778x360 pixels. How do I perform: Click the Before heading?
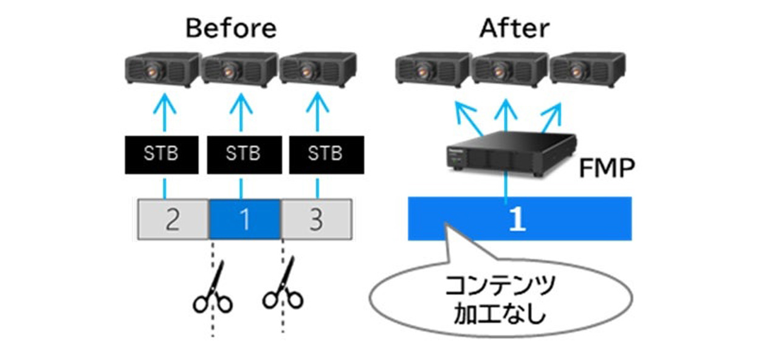click(x=232, y=29)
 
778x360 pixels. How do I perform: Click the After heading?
click(x=514, y=29)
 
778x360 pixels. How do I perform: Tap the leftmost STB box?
click(x=162, y=154)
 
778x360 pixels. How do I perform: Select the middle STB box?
click(x=244, y=154)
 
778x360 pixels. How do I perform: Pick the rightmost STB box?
click(x=326, y=154)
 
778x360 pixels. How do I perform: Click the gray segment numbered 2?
click(x=173, y=220)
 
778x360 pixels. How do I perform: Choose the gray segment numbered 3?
click(x=317, y=220)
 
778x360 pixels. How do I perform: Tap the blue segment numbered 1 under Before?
click(x=244, y=220)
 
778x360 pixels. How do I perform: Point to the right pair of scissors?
click(x=283, y=283)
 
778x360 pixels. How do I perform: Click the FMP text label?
click(x=607, y=168)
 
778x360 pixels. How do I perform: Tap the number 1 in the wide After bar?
click(x=517, y=218)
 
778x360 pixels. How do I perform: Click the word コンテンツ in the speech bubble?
click(x=500, y=285)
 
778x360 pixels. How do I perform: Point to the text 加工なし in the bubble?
click(x=500, y=313)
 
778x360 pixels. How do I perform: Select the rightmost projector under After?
click(x=588, y=69)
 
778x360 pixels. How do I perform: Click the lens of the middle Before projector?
click(x=228, y=72)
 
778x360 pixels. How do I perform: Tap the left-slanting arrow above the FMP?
click(x=468, y=118)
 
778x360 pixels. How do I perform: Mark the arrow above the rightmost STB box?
click(x=317, y=112)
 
